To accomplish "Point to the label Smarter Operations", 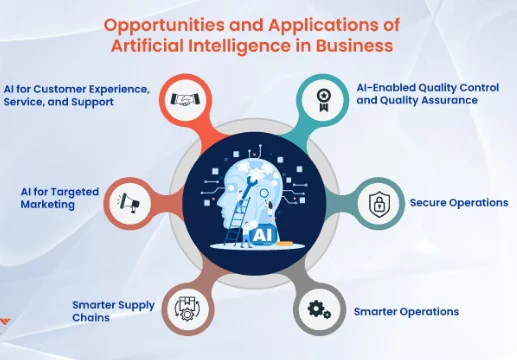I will pyautogui.click(x=406, y=311).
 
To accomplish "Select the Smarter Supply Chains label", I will pyautogui.click(x=113, y=311).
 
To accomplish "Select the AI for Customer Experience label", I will pyautogui.click(x=76, y=95).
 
